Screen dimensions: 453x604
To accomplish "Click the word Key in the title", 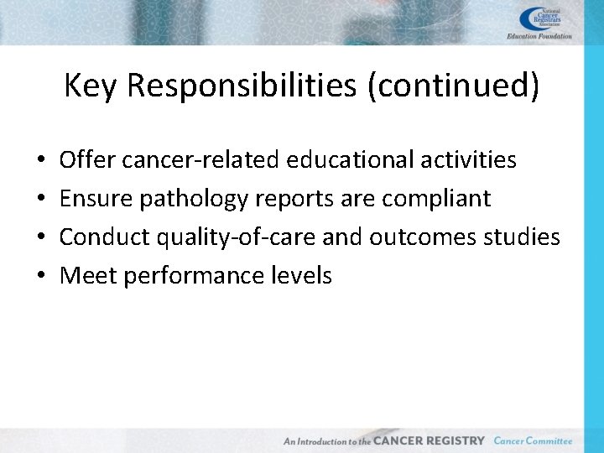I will (x=90, y=86).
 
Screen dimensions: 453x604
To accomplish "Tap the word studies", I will (x=520, y=237).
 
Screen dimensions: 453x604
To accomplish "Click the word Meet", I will (x=88, y=275).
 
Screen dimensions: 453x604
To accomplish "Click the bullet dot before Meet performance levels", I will (x=41, y=276).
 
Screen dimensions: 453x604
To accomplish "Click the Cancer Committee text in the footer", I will (x=533, y=440).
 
